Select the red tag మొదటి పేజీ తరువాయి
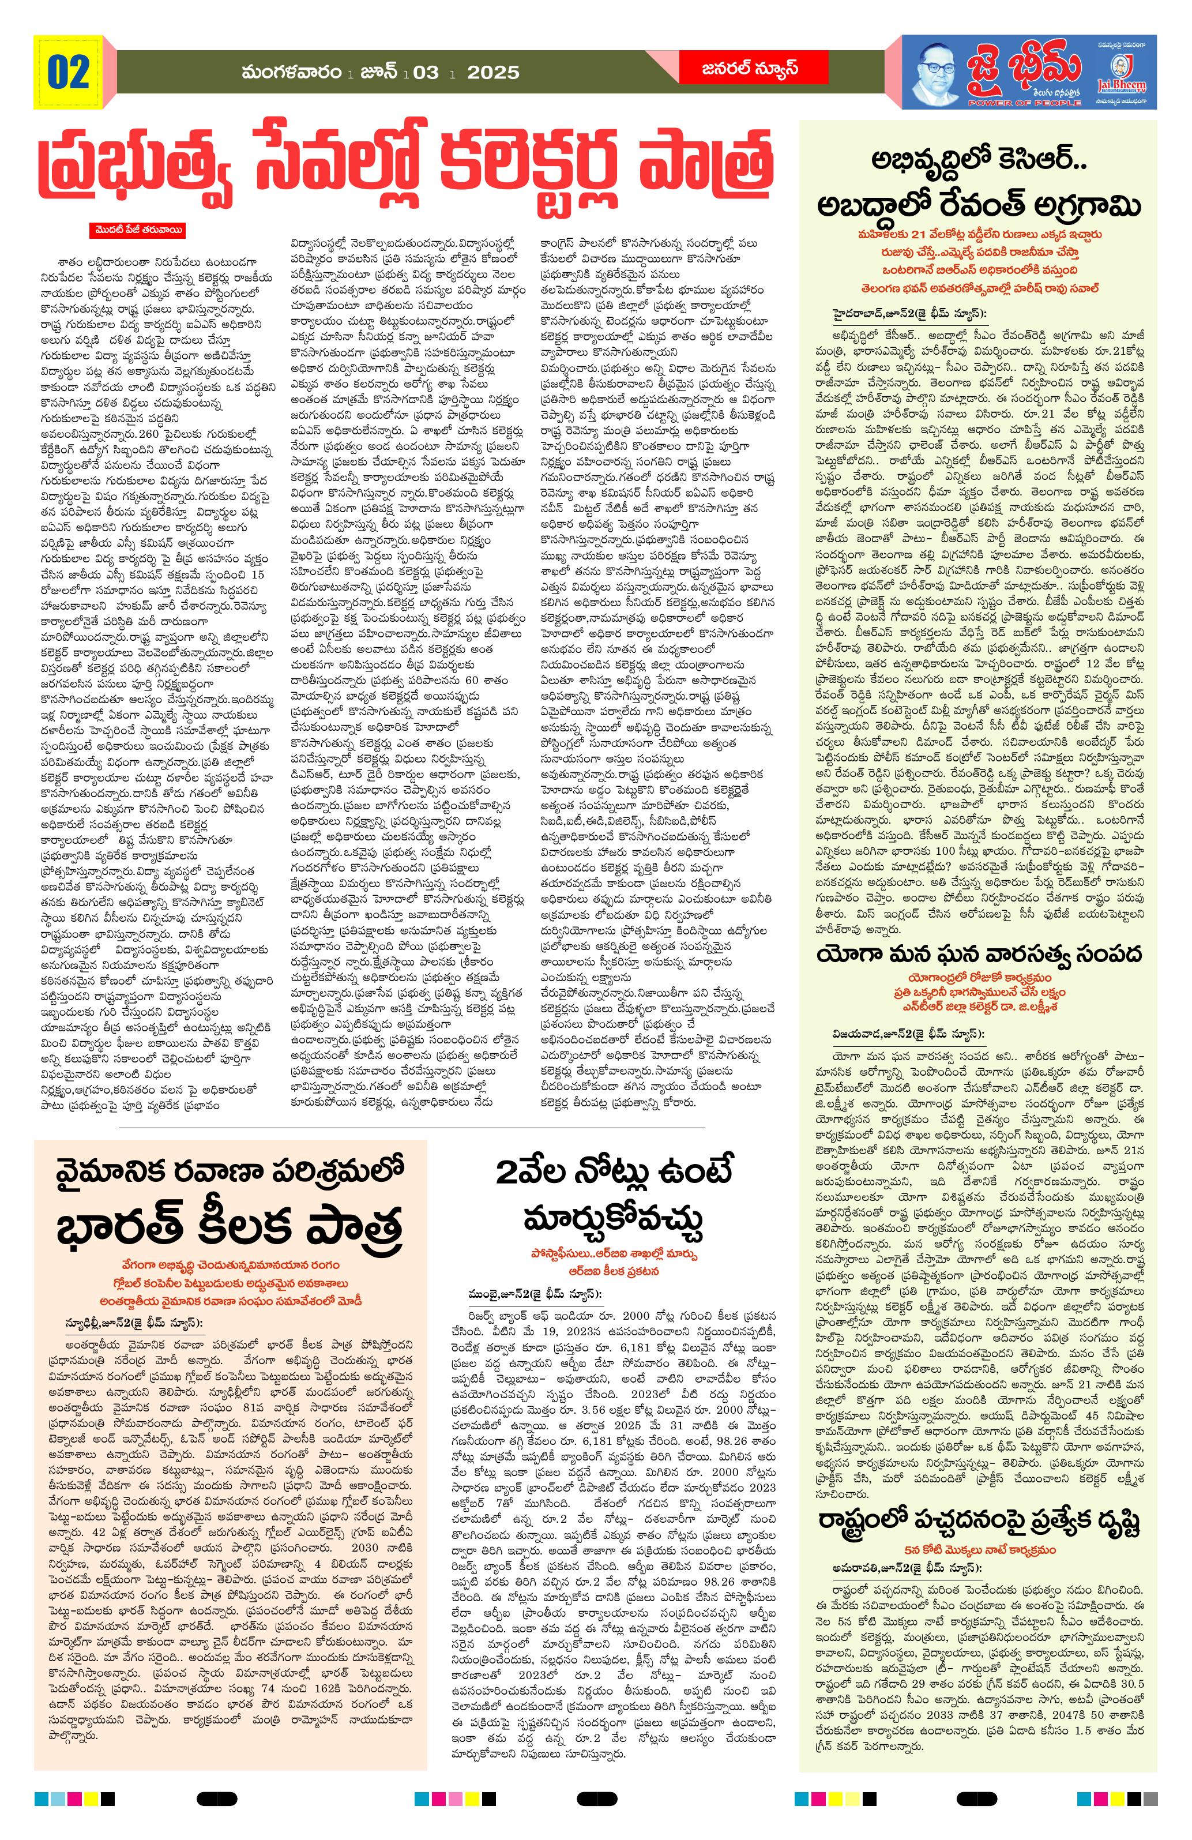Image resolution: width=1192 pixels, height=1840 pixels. (x=136, y=230)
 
